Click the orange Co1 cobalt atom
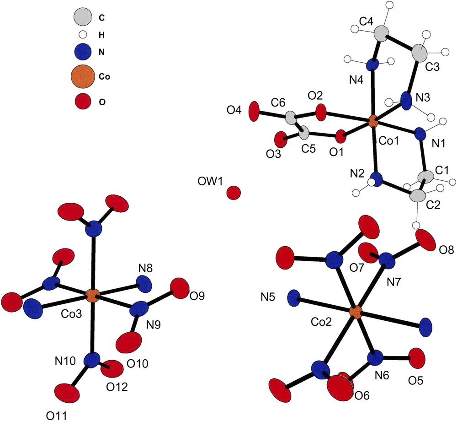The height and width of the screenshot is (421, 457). pos(372,122)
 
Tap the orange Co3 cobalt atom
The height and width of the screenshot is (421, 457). pos(93,296)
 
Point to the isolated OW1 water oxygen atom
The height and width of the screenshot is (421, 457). pos(234,193)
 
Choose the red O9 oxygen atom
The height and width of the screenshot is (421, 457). pos(180,287)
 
